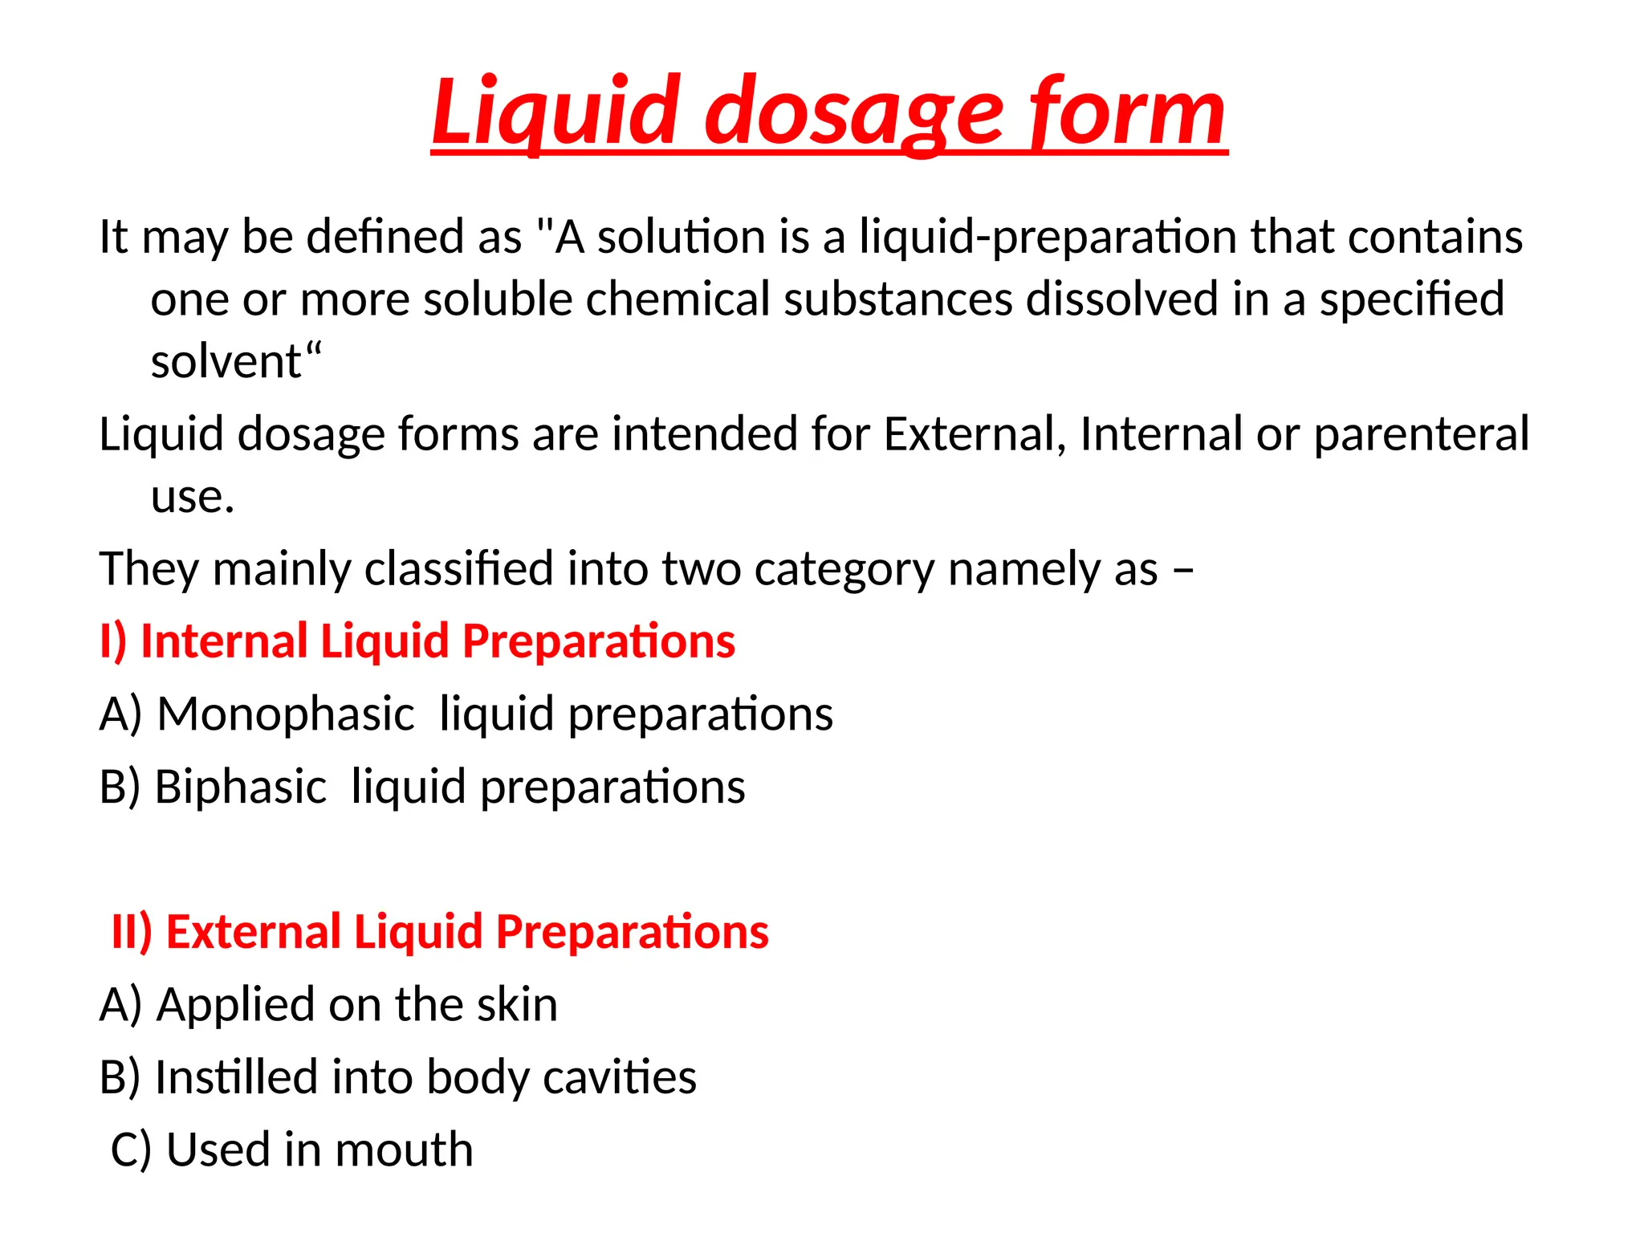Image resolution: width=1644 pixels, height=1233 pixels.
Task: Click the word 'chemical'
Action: click(x=678, y=299)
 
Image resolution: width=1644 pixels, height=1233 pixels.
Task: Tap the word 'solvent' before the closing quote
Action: click(x=226, y=361)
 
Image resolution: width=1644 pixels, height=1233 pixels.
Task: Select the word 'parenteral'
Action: click(x=1421, y=434)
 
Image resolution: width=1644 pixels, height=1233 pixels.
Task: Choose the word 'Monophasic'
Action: click(x=285, y=714)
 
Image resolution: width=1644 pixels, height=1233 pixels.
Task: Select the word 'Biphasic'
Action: click(x=240, y=787)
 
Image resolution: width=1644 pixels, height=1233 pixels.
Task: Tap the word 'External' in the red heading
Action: click(x=253, y=932)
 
